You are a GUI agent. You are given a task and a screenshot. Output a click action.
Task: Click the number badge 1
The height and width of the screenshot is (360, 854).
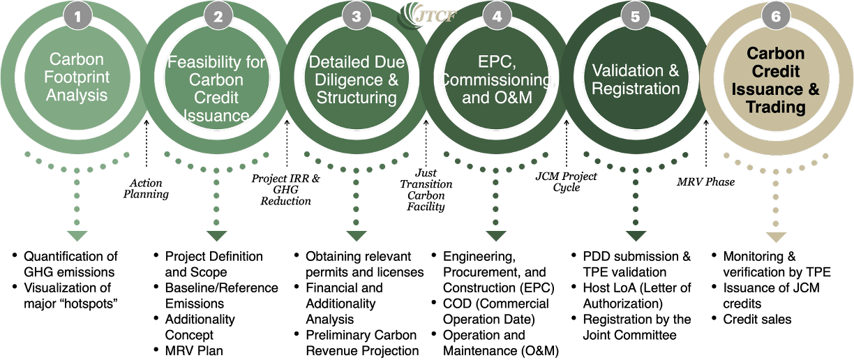pos(77,15)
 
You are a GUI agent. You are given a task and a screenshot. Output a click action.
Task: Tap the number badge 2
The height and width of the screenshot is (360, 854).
pos(217,15)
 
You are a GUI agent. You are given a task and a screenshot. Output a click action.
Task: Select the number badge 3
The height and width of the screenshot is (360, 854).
pos(357,15)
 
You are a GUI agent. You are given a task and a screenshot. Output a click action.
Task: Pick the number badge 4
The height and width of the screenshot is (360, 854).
pos(496,15)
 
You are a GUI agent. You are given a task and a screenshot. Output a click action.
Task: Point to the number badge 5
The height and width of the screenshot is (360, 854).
pos(636,15)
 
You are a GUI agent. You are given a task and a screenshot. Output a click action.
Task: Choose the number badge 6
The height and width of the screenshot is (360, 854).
pos(775,15)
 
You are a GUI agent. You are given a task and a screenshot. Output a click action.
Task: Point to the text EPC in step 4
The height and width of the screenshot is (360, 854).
pos(496,62)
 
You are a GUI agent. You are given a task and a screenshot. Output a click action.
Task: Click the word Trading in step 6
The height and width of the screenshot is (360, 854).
pos(775,107)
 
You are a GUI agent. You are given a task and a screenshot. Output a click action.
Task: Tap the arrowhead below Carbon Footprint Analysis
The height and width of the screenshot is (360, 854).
pos(77,237)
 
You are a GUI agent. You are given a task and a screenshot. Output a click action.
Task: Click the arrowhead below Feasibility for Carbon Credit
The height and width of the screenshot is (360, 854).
pos(217,237)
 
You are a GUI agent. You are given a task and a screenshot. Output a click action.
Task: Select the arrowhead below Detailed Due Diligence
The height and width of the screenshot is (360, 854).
pos(357,237)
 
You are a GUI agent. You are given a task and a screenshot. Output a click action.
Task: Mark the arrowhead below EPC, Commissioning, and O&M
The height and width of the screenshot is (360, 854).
pos(496,237)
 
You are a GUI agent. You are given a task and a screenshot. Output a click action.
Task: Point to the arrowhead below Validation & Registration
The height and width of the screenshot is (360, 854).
pos(636,237)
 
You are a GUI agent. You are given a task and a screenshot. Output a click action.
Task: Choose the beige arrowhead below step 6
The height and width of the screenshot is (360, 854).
pos(776,237)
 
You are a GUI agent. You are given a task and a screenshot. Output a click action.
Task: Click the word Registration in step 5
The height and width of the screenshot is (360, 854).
pos(636,89)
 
